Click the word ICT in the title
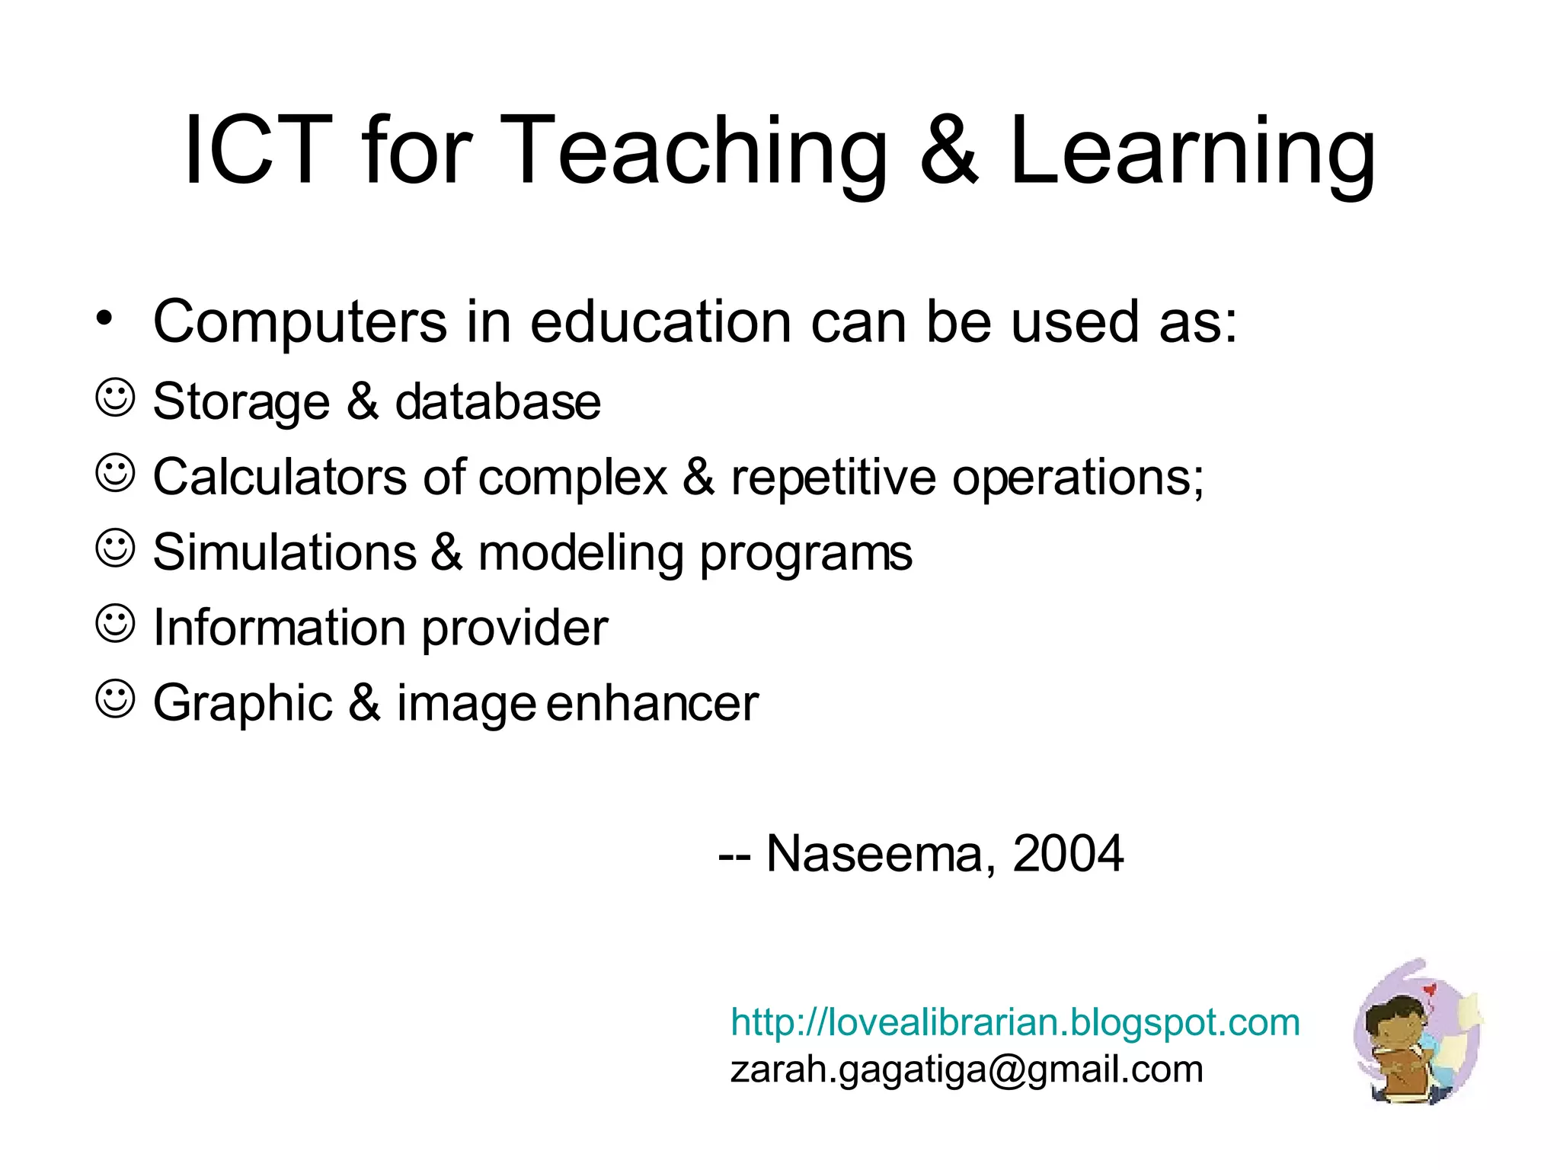258,150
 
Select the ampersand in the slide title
948,150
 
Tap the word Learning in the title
1192,150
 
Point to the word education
661,322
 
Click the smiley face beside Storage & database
115,397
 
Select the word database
497,401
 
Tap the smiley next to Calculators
115,473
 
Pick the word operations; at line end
1078,478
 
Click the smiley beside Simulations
115,548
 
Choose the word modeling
580,553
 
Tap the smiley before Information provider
115,623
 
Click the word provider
514,628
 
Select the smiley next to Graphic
115,698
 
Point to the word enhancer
652,702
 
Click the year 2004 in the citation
1067,854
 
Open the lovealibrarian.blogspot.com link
1015,1022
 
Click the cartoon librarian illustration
1417,1033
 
